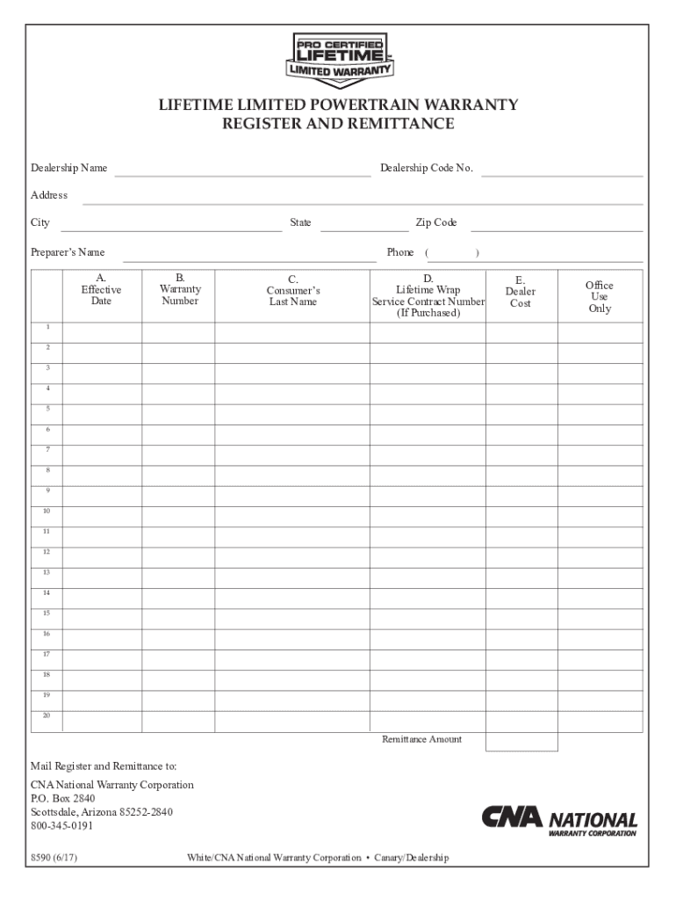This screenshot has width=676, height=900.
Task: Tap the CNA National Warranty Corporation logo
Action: [x=559, y=821]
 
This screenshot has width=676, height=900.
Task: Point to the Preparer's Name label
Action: [x=68, y=252]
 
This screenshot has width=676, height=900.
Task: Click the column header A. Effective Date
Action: [x=101, y=289]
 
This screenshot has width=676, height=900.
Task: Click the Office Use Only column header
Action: [x=600, y=297]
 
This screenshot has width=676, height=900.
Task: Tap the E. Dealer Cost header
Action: [x=520, y=292]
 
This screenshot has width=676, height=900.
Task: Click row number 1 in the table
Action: [x=47, y=327]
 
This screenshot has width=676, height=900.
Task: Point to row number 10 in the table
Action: [x=47, y=511]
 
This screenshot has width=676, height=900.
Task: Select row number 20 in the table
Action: [x=47, y=715]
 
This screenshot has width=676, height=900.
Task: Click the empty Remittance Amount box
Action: [x=521, y=742]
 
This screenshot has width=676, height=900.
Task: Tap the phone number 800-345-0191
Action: [x=61, y=826]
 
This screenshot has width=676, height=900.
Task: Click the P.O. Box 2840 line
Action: [x=63, y=799]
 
